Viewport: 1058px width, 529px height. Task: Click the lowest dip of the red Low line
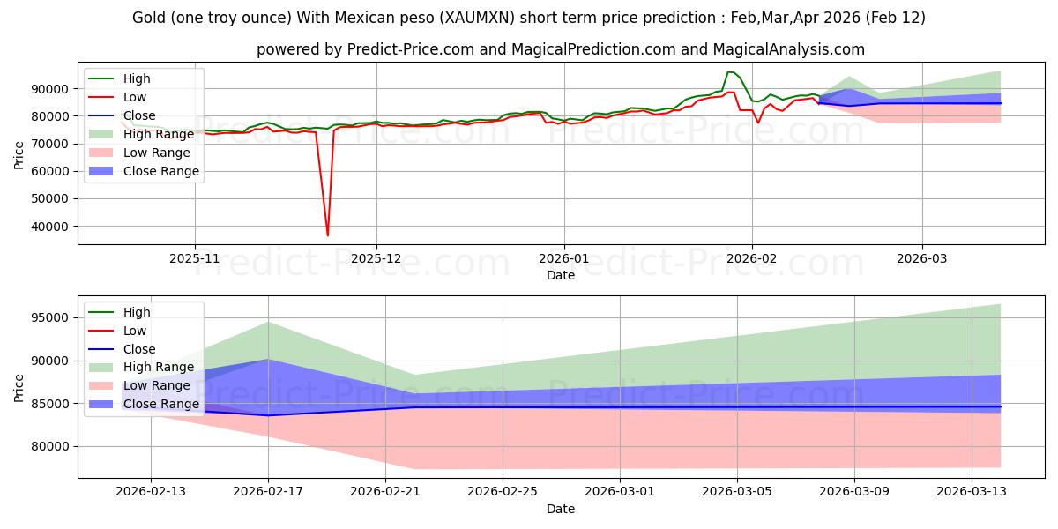[x=328, y=235]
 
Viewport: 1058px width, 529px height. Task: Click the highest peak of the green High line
[x=728, y=72]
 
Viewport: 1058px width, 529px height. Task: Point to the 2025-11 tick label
[x=195, y=258]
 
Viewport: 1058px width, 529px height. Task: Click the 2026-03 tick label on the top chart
[x=922, y=258]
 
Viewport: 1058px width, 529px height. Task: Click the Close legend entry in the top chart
[x=139, y=115]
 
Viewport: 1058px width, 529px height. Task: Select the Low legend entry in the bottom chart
[x=136, y=330]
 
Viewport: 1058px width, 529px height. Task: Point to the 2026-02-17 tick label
[x=268, y=492]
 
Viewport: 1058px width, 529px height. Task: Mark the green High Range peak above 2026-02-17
[x=268, y=322]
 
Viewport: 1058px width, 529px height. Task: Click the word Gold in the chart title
[x=149, y=18]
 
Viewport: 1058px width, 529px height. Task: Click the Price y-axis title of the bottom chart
[x=19, y=388]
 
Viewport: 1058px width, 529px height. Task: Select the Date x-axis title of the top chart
[x=560, y=275]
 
